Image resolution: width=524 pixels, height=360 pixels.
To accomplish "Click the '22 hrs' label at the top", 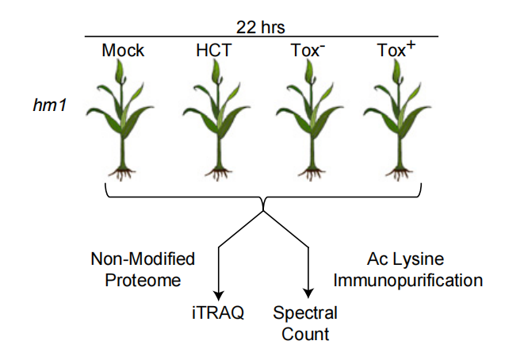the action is point(261,27).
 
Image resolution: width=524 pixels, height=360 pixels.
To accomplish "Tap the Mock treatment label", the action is point(123,51).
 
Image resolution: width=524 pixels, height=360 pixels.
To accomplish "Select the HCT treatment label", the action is point(214,51).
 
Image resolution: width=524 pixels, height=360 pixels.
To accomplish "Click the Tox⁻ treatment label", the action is point(308,50).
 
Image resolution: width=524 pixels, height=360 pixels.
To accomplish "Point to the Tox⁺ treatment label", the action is point(396,49).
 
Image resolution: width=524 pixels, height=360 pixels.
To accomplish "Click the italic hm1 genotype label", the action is point(50,105).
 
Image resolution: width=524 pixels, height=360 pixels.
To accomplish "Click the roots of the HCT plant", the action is point(219,174).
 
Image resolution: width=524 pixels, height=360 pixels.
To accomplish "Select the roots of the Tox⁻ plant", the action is point(312,174).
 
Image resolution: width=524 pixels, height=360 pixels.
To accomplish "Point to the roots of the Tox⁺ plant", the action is point(399,174).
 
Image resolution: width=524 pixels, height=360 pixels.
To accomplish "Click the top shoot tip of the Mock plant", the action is point(120,60).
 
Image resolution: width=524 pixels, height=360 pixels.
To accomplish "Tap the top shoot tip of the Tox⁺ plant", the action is point(396,60).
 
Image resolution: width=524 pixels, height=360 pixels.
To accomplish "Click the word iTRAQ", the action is point(218,313).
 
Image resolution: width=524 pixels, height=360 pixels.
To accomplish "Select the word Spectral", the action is point(305,313).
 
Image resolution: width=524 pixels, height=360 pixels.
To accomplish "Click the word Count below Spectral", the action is point(305,335).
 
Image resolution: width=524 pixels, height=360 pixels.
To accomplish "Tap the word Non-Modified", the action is point(143,259).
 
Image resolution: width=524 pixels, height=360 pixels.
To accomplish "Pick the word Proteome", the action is point(143,280).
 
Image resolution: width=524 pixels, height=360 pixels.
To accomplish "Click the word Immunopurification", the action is point(408,280).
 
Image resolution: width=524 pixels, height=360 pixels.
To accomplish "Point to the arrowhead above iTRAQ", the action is point(219,296).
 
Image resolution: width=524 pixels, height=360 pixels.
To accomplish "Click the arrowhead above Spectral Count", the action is point(308,293).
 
